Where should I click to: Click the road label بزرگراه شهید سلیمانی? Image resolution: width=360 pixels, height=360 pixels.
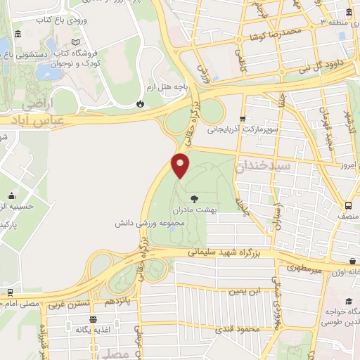221,251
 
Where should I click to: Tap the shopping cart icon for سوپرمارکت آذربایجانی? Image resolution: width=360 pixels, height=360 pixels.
243,119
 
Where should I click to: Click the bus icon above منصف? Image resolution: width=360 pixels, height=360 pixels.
348,205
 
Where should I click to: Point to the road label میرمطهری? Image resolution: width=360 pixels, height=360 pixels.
302,268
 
